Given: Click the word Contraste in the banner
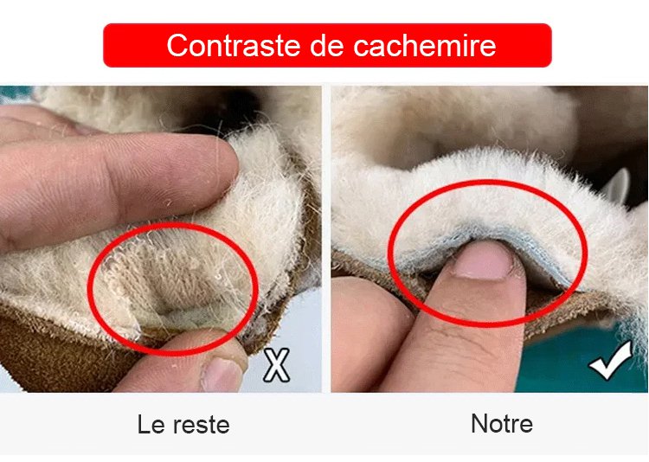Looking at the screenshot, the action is tap(234, 45).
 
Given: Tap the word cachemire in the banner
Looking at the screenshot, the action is tap(425, 45).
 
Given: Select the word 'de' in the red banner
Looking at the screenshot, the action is tap(327, 45).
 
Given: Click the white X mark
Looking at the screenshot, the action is tap(277, 365).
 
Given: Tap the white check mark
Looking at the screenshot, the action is tap(611, 360).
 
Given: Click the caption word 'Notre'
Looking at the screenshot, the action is tap(502, 424).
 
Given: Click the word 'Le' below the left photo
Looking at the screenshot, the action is tap(149, 424).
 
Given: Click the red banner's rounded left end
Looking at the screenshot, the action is tap(108, 45).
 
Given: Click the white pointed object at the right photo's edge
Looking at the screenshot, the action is tap(617, 186).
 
